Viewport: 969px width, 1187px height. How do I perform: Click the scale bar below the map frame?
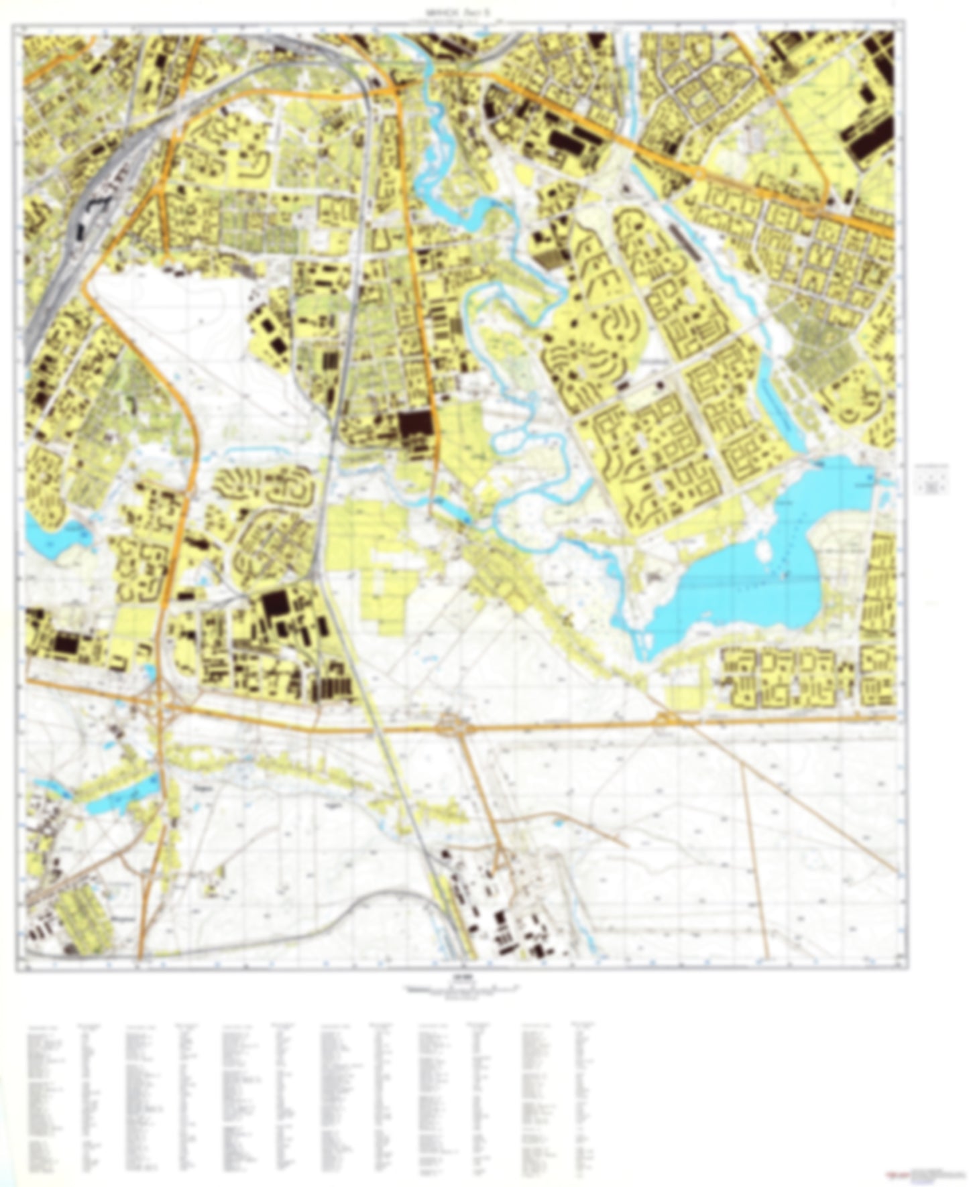(463, 987)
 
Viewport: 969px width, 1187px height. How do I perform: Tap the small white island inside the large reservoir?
(762, 552)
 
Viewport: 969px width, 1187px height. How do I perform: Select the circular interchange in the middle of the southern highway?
(450, 726)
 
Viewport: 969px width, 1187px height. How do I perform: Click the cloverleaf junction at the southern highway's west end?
(160, 704)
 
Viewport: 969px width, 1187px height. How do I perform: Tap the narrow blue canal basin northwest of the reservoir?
(778, 402)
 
